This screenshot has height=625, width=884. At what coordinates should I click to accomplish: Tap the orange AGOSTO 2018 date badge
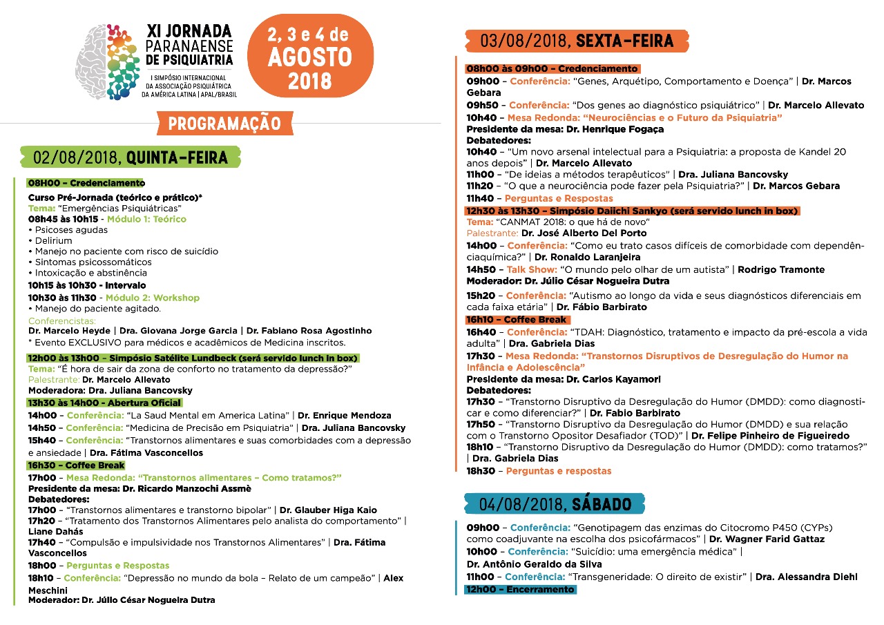coord(309,55)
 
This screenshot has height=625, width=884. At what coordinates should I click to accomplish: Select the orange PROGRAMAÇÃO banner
coord(225,124)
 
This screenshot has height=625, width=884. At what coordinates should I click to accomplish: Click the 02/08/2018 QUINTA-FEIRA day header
coord(131,157)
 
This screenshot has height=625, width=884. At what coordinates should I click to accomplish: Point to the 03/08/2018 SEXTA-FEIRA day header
coord(577,41)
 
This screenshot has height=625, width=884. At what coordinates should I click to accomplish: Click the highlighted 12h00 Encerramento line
coord(520,589)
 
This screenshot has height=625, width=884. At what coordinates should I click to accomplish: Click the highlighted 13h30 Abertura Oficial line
coord(104,403)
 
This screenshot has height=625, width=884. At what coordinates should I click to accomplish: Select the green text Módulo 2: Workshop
coord(153,298)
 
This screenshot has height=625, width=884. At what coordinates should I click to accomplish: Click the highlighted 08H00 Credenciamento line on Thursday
coord(86,183)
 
